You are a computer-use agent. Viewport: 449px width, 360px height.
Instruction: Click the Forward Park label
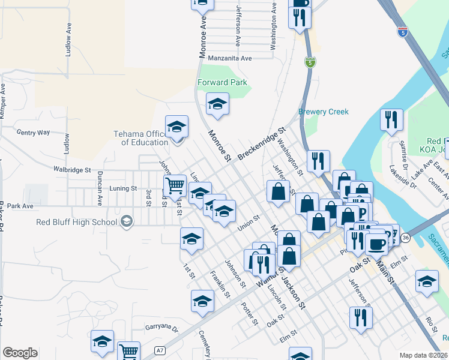[222, 82]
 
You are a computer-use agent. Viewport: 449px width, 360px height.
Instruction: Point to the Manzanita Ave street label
[230, 58]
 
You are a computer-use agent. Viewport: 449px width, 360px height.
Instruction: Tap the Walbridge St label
[71, 170]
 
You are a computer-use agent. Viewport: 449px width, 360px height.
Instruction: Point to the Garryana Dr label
[162, 328]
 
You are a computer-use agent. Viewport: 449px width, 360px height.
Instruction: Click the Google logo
[20, 353]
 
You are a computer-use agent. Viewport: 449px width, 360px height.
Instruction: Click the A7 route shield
[159, 350]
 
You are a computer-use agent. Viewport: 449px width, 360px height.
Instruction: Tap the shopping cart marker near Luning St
[175, 185]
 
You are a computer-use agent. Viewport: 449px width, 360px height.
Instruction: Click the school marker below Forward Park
[217, 104]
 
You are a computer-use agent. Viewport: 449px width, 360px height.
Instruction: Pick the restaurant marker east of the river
[391, 119]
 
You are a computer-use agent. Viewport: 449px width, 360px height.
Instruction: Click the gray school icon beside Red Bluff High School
[126, 222]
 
